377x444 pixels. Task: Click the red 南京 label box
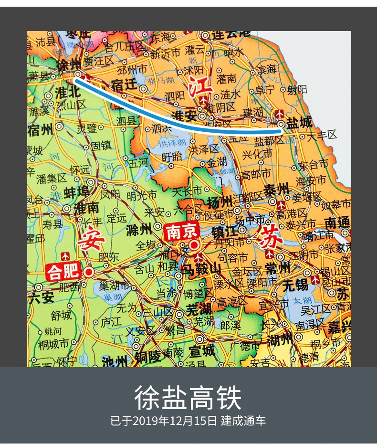[181, 233]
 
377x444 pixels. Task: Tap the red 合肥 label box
[63, 272]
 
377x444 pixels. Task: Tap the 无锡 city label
[295, 285]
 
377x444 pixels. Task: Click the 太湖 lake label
[302, 301]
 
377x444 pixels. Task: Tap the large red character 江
[200, 87]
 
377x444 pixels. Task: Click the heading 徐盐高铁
[188, 398]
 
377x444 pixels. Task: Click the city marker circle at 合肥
[89, 273]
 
